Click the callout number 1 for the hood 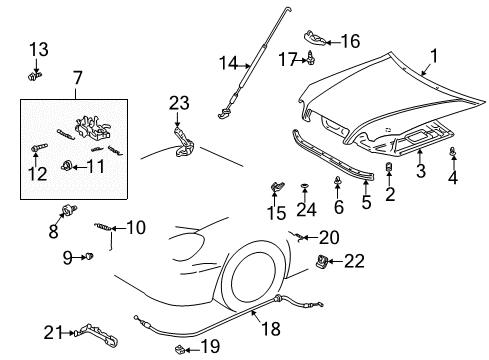point(433,57)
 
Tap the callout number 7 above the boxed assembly point(74,77)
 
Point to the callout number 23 point(179,102)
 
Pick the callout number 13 point(38,50)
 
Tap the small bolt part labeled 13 point(37,73)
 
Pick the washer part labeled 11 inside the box point(67,164)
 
